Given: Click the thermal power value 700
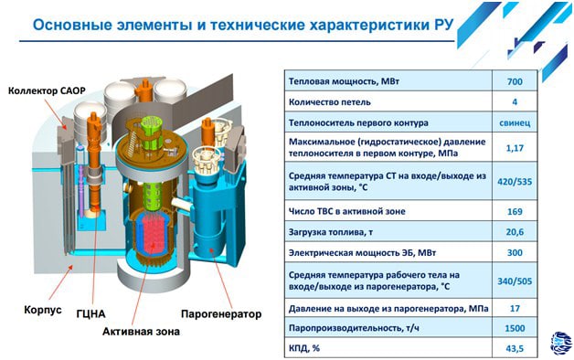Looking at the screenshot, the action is (515, 81).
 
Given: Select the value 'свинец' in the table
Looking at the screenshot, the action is (515, 123).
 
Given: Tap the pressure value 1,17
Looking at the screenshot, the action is (515, 148).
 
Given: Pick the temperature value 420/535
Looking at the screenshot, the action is (515, 182).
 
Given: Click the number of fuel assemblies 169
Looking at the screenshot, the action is (515, 211).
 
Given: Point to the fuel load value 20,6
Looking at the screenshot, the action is (515, 232).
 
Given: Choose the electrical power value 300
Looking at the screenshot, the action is (515, 252).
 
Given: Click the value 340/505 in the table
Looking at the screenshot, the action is (515, 281).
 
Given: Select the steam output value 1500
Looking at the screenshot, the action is (515, 328).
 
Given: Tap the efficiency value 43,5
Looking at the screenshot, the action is (515, 348).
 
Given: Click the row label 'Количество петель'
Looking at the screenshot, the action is (329, 102).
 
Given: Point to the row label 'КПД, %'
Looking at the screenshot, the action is (304, 348).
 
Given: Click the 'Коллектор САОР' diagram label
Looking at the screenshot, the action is (47, 90).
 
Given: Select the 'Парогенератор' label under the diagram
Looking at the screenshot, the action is (221, 314).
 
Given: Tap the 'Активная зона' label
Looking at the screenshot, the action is (141, 332).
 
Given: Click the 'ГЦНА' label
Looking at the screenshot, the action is (90, 313).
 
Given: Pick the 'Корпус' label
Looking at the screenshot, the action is (43, 310).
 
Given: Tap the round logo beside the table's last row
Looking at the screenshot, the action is (560, 344).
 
